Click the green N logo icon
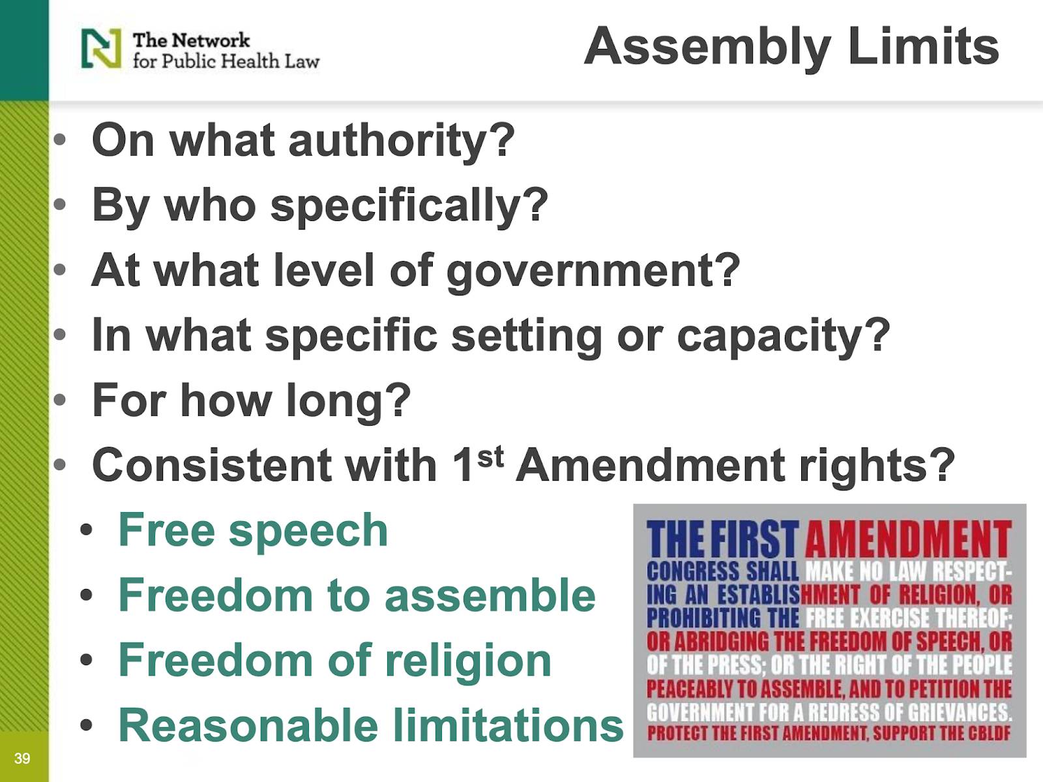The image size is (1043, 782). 101,48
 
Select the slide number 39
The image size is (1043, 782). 22,758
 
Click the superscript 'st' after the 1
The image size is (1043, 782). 490,457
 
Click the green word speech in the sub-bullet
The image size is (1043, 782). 308,532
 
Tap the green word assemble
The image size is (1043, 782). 490,595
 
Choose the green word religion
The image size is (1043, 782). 467,661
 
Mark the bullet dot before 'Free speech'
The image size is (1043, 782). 86,530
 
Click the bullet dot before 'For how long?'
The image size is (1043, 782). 59,400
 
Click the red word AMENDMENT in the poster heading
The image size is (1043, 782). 908,539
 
